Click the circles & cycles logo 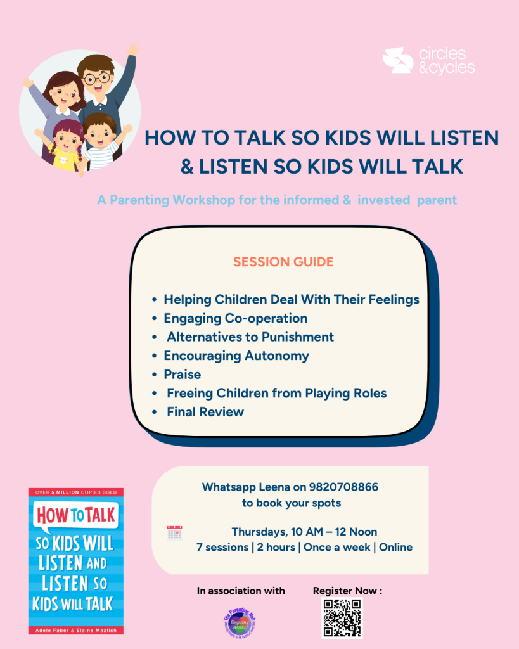click(x=428, y=61)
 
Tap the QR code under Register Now click(x=342, y=617)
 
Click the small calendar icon click(x=174, y=532)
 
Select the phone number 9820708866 click(x=343, y=487)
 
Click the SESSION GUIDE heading click(x=283, y=262)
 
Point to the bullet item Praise click(x=182, y=374)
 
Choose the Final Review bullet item click(x=205, y=412)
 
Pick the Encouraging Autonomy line click(x=236, y=356)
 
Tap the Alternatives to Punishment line click(x=250, y=337)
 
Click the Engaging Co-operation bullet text click(x=235, y=318)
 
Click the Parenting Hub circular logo click(x=243, y=619)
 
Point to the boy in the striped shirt click(x=101, y=143)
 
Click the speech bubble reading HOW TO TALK click(x=75, y=515)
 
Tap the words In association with click(x=241, y=591)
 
